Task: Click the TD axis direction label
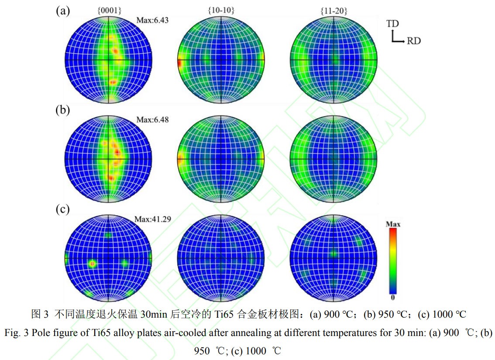pos(392,24)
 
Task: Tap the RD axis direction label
pos(413,41)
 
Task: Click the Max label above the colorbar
pos(393,224)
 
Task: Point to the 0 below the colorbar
pos(393,298)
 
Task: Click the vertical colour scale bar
pos(393,261)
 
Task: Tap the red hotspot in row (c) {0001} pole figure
pos(92,264)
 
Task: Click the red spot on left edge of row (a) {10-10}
pos(179,64)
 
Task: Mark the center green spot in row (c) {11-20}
pos(333,253)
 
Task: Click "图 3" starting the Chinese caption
pos(40,314)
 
